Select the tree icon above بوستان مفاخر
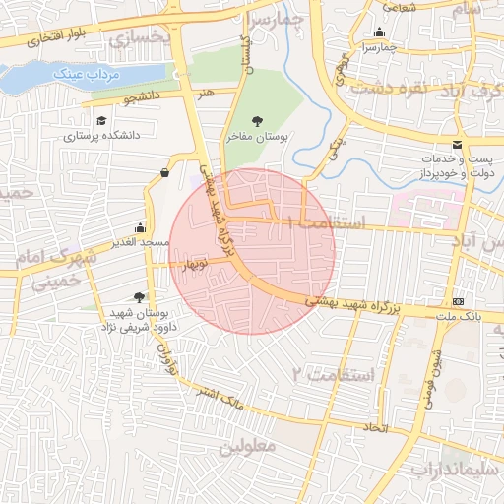pyautogui.click(x=257, y=121)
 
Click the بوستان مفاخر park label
pyautogui.click(x=257, y=140)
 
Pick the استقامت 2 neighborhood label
pyautogui.click(x=333, y=375)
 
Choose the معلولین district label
pyautogui.click(x=249, y=447)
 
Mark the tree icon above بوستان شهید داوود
pyautogui.click(x=139, y=296)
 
